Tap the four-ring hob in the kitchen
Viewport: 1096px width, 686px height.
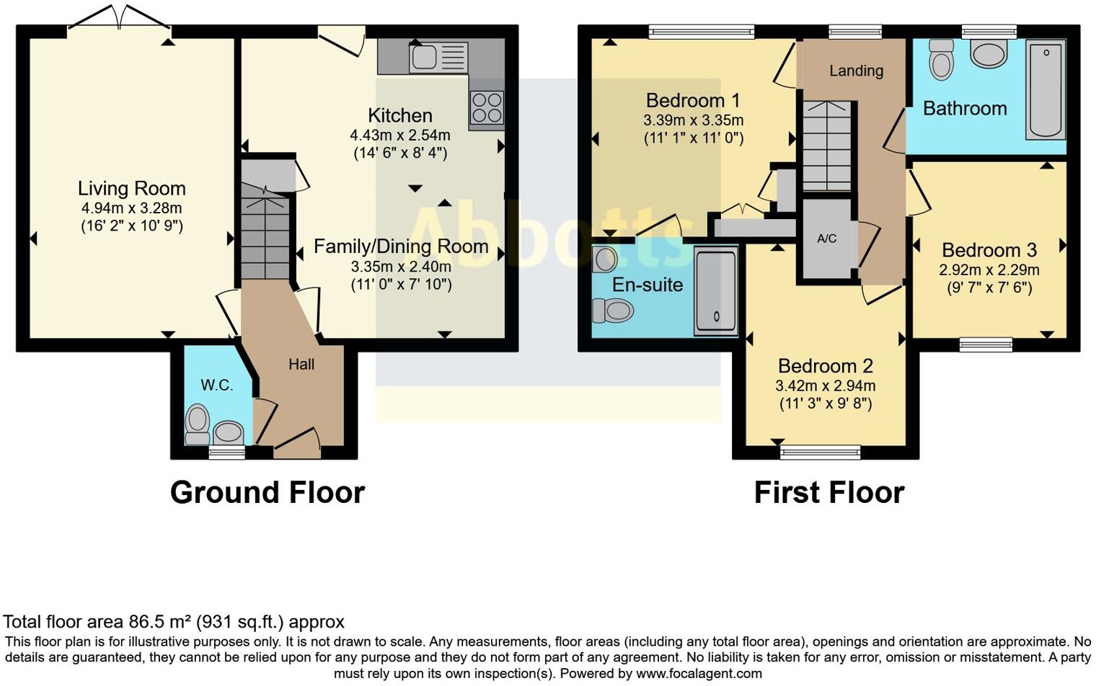point(486,108)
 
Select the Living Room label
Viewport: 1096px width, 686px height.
point(132,189)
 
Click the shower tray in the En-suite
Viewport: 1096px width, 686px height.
point(715,290)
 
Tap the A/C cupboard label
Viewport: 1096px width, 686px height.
point(826,239)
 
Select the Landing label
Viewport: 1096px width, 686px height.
point(856,71)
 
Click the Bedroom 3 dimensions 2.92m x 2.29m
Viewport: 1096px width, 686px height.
point(989,270)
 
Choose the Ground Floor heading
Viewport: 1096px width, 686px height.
point(268,493)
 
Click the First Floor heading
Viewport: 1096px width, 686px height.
point(828,493)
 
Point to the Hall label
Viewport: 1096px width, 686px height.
point(301,365)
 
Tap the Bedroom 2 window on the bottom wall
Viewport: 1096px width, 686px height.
point(821,453)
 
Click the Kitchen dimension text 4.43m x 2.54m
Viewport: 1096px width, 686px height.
point(399,135)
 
